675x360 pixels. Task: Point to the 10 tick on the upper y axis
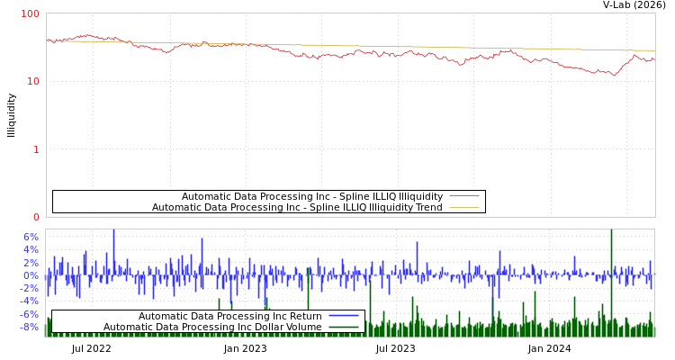click(33, 81)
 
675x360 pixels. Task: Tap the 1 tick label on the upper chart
click(36, 148)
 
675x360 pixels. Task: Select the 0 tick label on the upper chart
click(36, 217)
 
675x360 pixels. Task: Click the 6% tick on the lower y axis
click(31, 237)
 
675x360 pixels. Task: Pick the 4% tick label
click(31, 249)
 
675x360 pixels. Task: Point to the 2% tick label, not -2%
click(31, 262)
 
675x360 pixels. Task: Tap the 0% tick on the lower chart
click(31, 275)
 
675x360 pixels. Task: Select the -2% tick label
click(30, 288)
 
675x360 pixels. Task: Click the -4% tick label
click(30, 301)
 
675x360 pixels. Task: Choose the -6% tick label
click(30, 314)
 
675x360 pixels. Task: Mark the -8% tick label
click(30, 327)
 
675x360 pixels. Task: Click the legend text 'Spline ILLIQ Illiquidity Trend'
click(297, 207)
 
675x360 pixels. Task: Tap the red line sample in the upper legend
click(463, 196)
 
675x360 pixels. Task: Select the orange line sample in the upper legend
click(463, 207)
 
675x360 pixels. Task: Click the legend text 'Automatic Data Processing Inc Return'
click(229, 316)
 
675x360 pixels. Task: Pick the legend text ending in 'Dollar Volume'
click(212, 327)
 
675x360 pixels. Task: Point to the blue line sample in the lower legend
click(344, 316)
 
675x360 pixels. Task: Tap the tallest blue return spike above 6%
click(113, 232)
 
